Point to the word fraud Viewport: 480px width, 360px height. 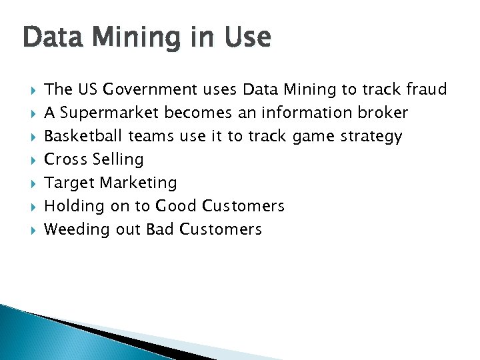425,89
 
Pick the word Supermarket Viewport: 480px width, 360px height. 110,113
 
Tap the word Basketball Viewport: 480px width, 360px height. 84,136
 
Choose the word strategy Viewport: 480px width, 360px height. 371,137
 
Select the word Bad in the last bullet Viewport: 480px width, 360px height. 160,229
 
